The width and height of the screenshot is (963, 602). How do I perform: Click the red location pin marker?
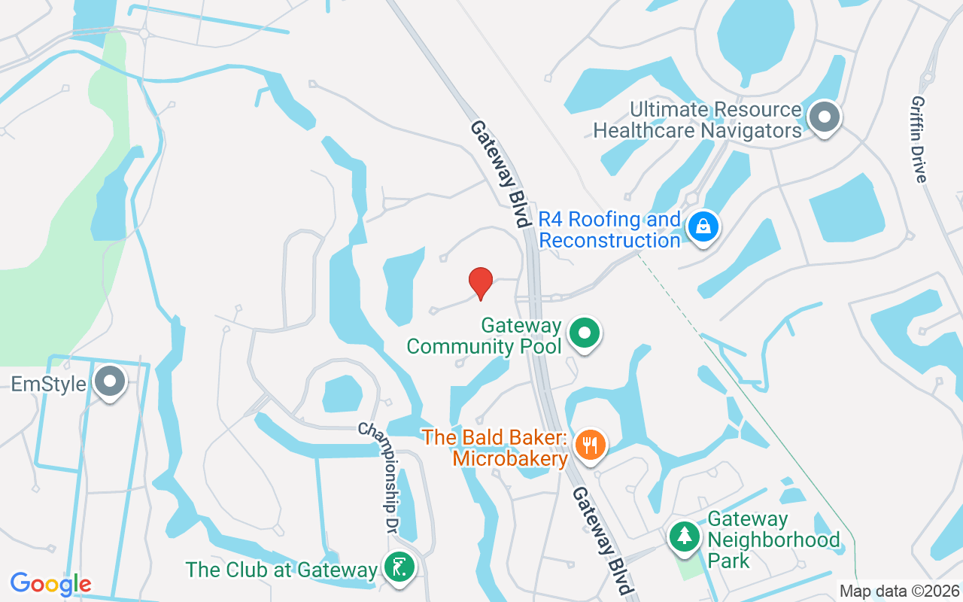click(481, 283)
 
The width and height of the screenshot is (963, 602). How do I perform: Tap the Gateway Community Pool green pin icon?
click(585, 333)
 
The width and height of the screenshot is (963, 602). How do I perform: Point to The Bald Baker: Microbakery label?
click(495, 448)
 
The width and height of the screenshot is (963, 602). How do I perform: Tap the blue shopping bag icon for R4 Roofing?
click(703, 225)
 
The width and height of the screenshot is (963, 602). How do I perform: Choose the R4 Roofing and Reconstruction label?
click(609, 230)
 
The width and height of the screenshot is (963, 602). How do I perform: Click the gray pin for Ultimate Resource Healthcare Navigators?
click(824, 117)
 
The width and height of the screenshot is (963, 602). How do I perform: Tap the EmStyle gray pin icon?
click(111, 382)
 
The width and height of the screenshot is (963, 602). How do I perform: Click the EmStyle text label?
click(48, 385)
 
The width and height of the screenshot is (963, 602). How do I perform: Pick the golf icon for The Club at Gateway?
click(399, 566)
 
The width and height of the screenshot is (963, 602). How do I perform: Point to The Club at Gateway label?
click(281, 570)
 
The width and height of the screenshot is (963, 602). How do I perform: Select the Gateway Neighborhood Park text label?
click(773, 540)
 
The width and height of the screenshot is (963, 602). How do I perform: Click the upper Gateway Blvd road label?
click(497, 174)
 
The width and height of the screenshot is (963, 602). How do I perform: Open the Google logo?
click(50, 584)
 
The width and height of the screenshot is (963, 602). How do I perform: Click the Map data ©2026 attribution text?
click(900, 591)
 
